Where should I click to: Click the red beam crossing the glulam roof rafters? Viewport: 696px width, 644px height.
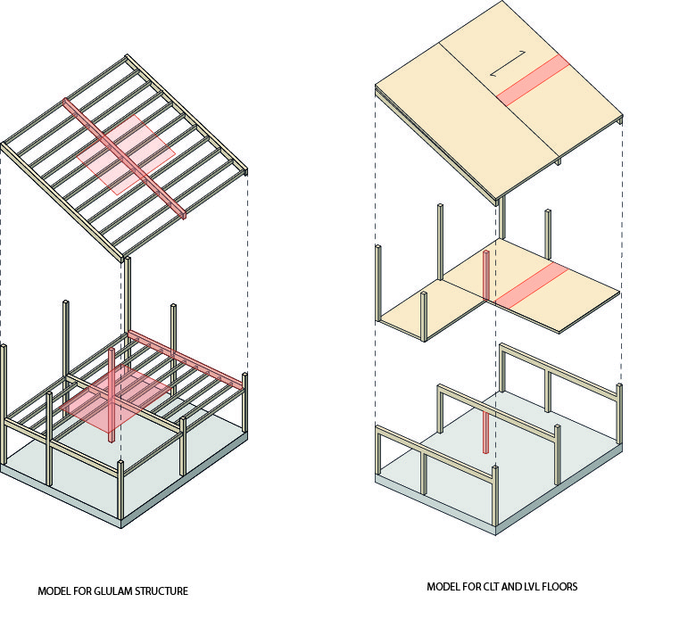pos(124,158)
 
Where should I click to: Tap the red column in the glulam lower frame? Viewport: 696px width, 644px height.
pos(111,395)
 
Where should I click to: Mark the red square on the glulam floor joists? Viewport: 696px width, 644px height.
pos(116,398)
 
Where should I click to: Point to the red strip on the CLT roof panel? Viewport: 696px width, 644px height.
pos(533,80)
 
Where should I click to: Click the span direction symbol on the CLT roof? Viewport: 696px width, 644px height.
pos(509,63)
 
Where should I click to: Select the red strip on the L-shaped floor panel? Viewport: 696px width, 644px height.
pos(531,286)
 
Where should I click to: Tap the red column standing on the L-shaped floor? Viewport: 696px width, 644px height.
pos(486,276)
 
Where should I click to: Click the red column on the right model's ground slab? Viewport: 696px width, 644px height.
pos(486,432)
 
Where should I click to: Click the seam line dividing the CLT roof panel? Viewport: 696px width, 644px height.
pos(498,100)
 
